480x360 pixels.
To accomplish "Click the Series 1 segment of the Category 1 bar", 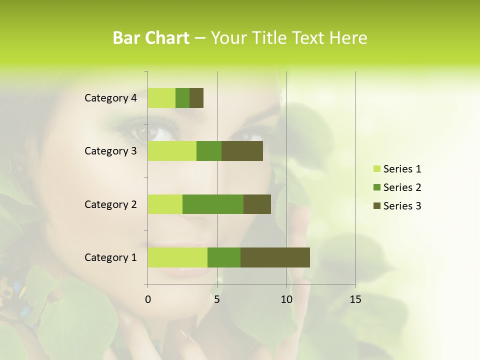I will click(177, 257).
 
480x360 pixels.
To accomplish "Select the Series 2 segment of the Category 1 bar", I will click(224, 257).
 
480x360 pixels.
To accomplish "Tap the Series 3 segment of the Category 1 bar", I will click(275, 257).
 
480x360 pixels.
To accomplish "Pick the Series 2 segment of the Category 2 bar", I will click(213, 204).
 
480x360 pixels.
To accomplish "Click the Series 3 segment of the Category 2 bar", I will click(257, 204).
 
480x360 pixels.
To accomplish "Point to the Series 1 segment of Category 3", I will click(172, 151).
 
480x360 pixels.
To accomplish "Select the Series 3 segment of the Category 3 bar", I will click(242, 151).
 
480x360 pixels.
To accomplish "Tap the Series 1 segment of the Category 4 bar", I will click(161, 98).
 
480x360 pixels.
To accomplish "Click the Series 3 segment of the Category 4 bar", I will click(196, 98).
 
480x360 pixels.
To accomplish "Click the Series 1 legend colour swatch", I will click(376, 169).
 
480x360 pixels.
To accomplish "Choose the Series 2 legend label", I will click(402, 187).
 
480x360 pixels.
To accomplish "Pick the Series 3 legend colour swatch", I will click(376, 206).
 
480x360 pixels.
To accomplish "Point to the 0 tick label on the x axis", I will click(148, 299).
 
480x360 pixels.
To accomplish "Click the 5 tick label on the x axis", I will click(217, 299).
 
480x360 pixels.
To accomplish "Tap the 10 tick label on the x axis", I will click(286, 299).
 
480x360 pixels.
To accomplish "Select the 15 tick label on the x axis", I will click(355, 299).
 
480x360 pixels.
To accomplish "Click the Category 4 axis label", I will click(110, 98).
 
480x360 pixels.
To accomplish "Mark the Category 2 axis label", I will click(110, 204).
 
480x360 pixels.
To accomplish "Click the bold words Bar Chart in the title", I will click(151, 38).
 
